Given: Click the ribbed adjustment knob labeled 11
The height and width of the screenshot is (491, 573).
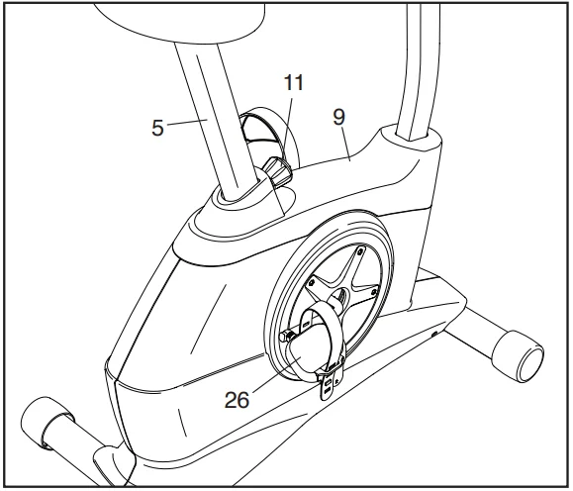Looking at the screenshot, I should click(x=277, y=174).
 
